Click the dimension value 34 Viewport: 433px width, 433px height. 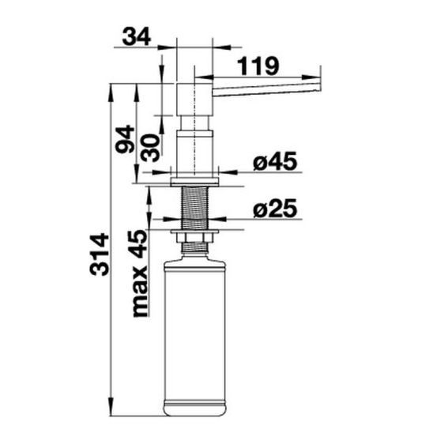(136, 36)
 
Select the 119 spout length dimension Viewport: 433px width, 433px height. (258, 66)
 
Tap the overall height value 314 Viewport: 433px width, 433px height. (100, 254)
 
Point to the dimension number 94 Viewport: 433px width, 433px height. (125, 139)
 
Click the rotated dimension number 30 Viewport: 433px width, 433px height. (150, 148)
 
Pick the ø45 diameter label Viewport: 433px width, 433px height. (275, 161)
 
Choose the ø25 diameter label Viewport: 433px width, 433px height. (275, 209)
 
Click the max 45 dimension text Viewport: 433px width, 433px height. (141, 273)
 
